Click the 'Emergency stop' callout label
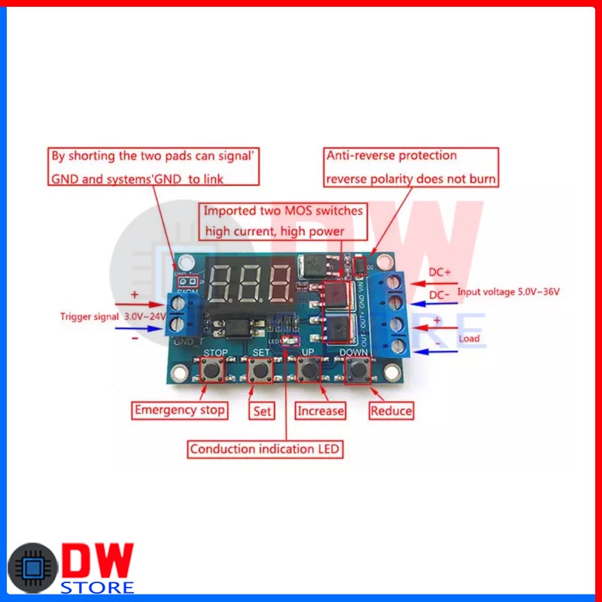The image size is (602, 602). click(x=179, y=410)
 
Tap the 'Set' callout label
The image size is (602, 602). click(x=261, y=411)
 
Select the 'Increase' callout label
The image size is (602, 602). click(x=321, y=411)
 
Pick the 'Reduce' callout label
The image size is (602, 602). click(x=391, y=411)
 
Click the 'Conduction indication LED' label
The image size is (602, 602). click(x=265, y=449)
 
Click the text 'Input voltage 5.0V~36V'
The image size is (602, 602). click(x=509, y=292)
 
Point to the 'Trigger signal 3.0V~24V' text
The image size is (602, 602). click(x=113, y=317)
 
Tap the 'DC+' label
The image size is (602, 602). click(x=440, y=272)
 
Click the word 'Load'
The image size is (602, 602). click(x=469, y=338)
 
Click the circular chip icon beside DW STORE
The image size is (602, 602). click(x=32, y=568)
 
